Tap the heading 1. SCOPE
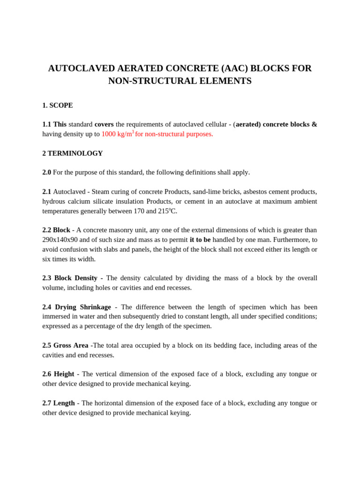(x=57, y=105)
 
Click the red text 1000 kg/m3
(x=118, y=134)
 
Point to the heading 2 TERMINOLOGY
(x=72, y=153)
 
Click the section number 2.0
(x=46, y=172)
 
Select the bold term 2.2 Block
(x=56, y=230)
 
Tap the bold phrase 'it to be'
(x=200, y=240)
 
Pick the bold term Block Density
(x=76, y=278)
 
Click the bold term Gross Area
(x=71, y=345)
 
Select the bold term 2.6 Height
(x=58, y=374)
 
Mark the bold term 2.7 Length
(x=59, y=403)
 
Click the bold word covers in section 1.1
(x=104, y=124)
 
